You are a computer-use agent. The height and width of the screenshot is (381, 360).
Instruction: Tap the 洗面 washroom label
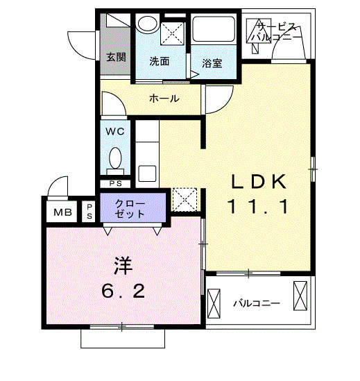pyautogui.click(x=160, y=61)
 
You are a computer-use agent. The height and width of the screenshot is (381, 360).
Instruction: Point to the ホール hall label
pyautogui.click(x=164, y=99)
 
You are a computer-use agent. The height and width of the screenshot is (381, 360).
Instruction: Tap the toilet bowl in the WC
pyautogui.click(x=116, y=158)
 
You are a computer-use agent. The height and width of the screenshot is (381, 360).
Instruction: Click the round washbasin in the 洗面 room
pyautogui.click(x=146, y=24)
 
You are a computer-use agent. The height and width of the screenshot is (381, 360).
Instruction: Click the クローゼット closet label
pyautogui.click(x=132, y=208)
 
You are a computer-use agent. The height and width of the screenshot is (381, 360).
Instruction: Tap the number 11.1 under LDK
pyautogui.click(x=258, y=207)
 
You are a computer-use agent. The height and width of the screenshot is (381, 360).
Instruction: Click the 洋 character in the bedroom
pyautogui.click(x=123, y=264)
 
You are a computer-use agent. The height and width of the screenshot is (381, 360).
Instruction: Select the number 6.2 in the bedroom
pyautogui.click(x=123, y=291)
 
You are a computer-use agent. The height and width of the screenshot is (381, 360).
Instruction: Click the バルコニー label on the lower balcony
pyautogui.click(x=256, y=303)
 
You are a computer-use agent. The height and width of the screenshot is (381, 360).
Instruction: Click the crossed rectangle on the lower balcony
pyautogui.click(x=300, y=296)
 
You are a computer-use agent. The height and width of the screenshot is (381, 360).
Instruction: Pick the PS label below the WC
pyautogui.click(x=115, y=183)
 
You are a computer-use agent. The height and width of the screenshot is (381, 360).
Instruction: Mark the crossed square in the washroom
pyautogui.click(x=171, y=34)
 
